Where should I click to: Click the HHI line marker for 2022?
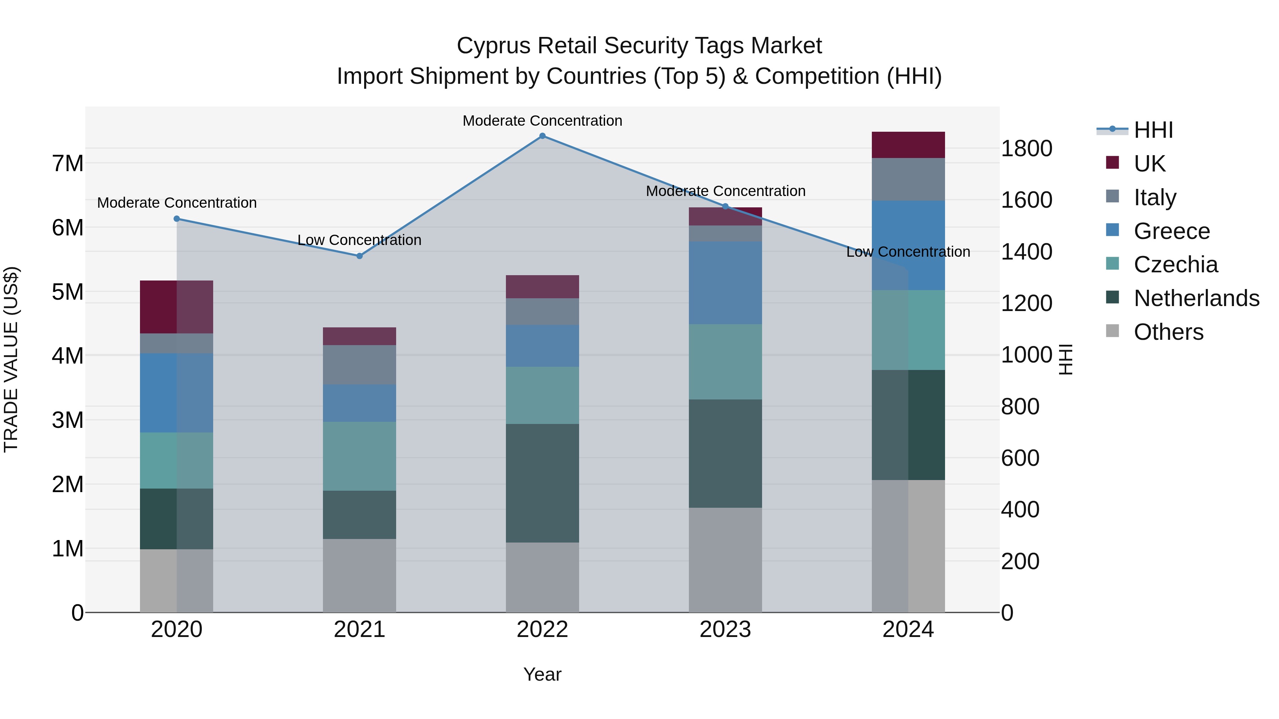click(x=542, y=136)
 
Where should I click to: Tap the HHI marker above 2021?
click(x=360, y=256)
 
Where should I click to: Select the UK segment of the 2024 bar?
click(x=908, y=145)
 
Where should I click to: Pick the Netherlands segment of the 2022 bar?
click(x=542, y=483)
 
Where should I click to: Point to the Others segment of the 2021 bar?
click(x=360, y=576)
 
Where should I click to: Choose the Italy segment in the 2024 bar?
click(x=908, y=179)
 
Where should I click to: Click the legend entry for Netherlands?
click(x=1196, y=298)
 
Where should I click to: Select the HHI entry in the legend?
click(x=1153, y=130)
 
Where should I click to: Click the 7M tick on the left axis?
click(x=68, y=164)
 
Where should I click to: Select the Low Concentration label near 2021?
click(x=360, y=240)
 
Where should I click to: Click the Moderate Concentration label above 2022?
click(x=542, y=121)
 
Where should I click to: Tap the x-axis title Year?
click(x=542, y=674)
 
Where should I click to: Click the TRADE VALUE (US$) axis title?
click(x=11, y=359)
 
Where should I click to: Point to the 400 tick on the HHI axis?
click(x=1020, y=510)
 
